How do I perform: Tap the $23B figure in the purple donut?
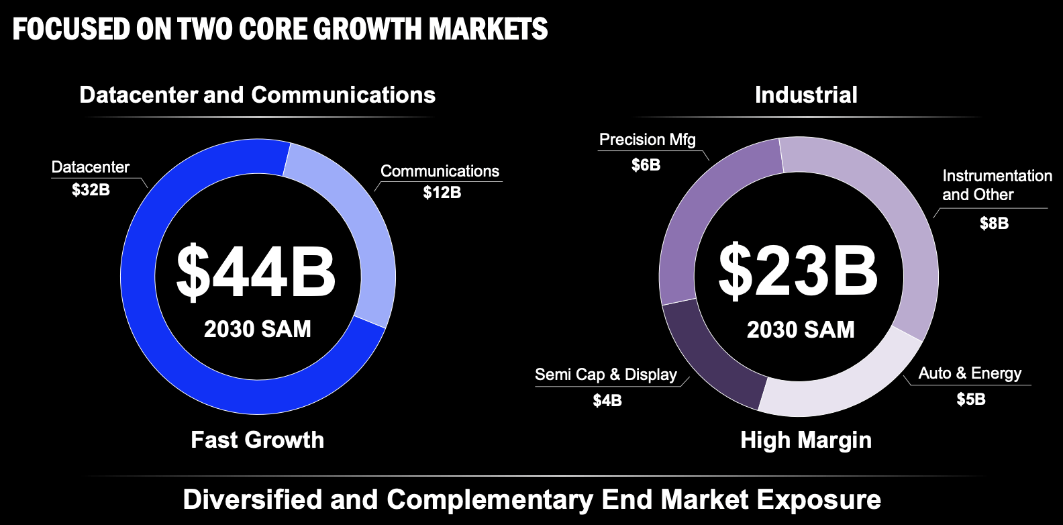pos(798,271)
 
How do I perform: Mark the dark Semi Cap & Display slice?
pos(705,356)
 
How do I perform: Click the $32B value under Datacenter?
pos(91,190)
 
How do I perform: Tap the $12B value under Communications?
pos(442,193)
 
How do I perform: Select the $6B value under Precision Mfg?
pos(646,165)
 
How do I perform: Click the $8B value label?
pos(994,224)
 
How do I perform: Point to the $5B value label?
pos(970,399)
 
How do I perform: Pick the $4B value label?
pos(607,401)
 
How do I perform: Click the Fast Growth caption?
pos(257,440)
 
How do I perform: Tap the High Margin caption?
pos(806,440)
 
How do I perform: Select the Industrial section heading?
pos(806,95)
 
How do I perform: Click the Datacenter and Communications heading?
pos(257,95)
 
